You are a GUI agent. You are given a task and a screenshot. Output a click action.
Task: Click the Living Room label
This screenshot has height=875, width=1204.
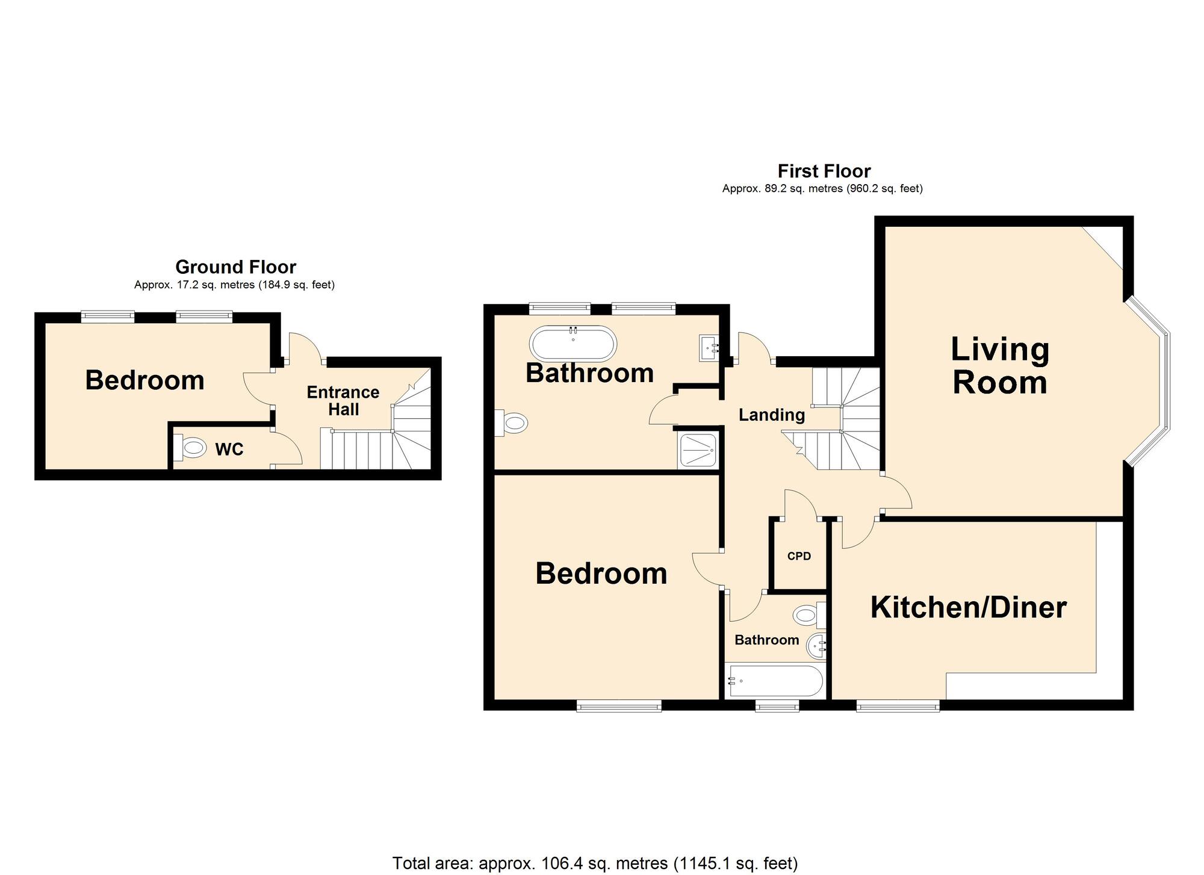coord(1000,366)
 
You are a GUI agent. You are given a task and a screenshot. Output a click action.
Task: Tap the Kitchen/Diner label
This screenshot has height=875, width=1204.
coord(969,608)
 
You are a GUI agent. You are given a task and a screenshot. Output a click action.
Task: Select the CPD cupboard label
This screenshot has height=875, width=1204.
coord(799,556)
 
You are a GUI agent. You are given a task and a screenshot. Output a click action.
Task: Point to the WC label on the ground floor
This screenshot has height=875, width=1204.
coord(229,449)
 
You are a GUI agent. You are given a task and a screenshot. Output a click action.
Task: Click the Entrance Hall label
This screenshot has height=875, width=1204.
coord(343,401)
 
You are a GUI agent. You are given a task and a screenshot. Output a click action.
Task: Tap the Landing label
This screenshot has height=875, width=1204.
coord(772,415)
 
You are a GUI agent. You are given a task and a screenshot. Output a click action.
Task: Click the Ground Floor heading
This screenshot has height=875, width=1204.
coord(235,267)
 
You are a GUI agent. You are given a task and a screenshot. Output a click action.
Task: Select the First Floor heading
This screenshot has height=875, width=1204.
coord(824,171)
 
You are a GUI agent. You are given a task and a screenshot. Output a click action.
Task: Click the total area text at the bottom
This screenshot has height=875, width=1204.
coord(595,863)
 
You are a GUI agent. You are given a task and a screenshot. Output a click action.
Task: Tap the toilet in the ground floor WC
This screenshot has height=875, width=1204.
coord(190,448)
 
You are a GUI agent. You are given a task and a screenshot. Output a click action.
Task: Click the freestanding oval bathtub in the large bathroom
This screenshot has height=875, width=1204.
coord(573,344)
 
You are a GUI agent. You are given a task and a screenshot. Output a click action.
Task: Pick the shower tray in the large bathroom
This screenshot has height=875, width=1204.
coord(698,451)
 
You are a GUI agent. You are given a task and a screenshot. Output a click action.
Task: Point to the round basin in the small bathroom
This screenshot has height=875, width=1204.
coord(816,646)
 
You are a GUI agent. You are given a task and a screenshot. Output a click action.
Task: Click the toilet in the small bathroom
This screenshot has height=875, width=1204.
coord(809,615)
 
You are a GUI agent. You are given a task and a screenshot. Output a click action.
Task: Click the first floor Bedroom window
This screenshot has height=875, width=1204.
coord(619,706)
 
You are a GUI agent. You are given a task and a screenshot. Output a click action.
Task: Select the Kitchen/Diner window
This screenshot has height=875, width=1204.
coord(898,706)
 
